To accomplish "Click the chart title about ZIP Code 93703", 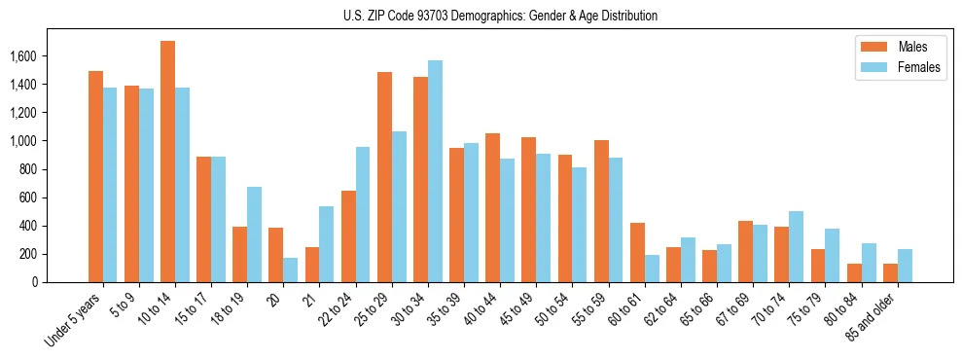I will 500,16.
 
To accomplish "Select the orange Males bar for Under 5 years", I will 96,176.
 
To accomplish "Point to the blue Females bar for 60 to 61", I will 652,269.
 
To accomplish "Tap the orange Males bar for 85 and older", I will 890,272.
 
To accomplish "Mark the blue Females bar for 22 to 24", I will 363,214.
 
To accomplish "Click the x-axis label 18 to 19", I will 230,309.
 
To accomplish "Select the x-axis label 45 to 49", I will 518,309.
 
